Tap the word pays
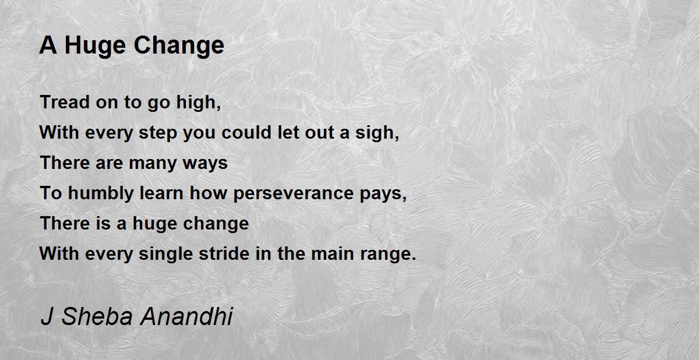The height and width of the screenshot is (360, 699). click(384, 195)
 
